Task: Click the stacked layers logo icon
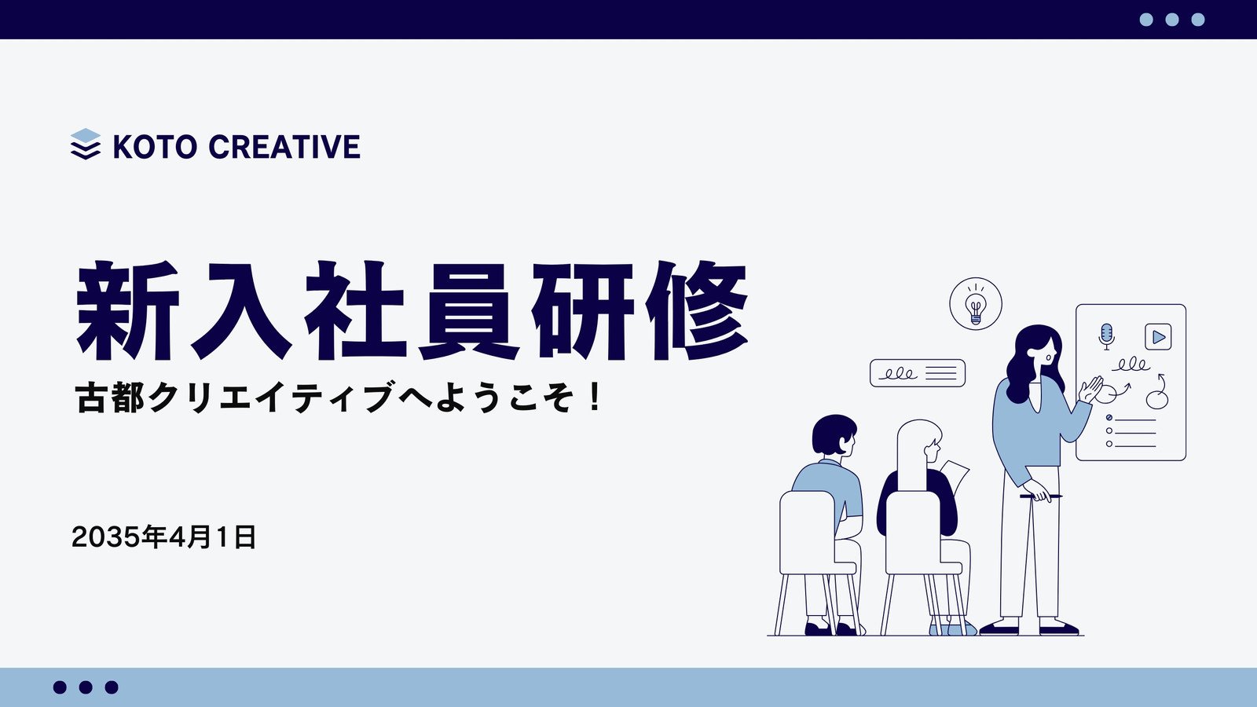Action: [x=86, y=145]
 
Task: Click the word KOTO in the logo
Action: [x=155, y=147]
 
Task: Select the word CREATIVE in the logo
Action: [x=284, y=147]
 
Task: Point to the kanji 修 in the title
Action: [x=696, y=310]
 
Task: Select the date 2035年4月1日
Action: [x=164, y=537]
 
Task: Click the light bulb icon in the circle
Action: [x=976, y=306]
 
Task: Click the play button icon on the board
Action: [x=1158, y=337]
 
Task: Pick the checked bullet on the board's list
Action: [x=1109, y=417]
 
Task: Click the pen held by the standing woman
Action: [x=1041, y=496]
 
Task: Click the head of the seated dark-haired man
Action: [x=834, y=435]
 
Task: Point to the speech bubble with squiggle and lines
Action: [x=918, y=373]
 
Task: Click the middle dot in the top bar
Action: [x=1172, y=20]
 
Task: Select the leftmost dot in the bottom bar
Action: [x=60, y=687]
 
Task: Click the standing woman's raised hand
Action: [x=1091, y=389]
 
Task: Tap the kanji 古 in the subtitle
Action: [x=90, y=397]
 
